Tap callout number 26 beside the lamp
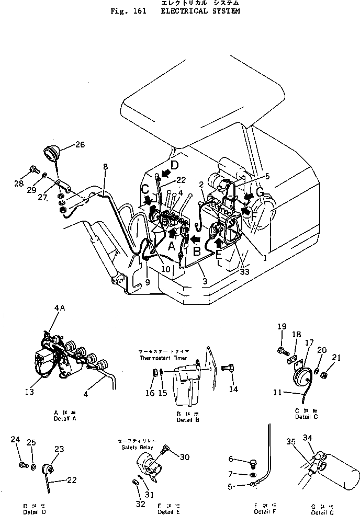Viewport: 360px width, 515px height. pyautogui.click(x=80, y=145)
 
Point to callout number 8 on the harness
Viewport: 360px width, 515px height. pyautogui.click(x=106, y=167)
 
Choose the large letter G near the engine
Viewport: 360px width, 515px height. pyautogui.click(x=260, y=193)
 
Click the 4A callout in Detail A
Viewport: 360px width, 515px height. pyautogui.click(x=59, y=308)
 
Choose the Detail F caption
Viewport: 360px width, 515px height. pyautogui.click(x=262, y=511)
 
